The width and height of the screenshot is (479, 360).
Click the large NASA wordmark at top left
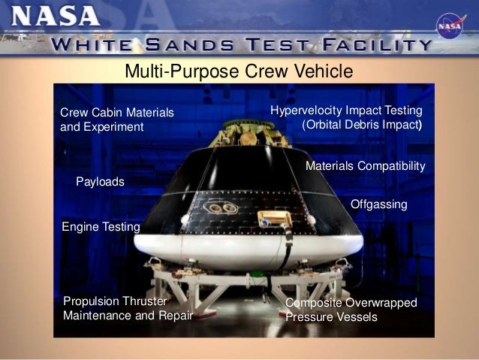tap(58, 16)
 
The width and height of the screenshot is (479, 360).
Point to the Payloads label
tap(100, 182)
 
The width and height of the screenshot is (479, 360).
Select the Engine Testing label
tap(101, 226)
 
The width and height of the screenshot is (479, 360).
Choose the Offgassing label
tap(378, 204)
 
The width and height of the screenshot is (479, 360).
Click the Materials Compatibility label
tap(365, 165)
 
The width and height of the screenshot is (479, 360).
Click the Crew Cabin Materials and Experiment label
tap(116, 119)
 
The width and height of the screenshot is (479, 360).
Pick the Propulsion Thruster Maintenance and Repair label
tap(128, 308)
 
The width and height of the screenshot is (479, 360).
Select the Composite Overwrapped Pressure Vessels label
tap(351, 310)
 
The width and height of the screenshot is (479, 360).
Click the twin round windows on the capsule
tap(218, 207)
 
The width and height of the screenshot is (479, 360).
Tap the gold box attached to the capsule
tap(273, 219)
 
